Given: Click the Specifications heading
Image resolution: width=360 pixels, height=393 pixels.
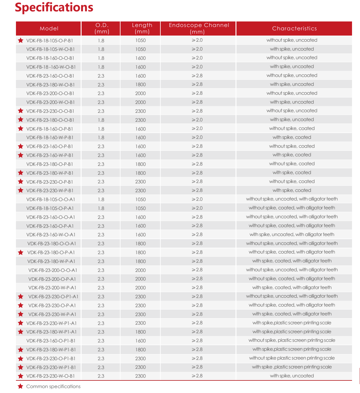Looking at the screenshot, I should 54,7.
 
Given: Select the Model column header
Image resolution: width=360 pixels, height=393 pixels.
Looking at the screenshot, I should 49,29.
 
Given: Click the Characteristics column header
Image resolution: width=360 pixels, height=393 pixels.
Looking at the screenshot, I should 294,29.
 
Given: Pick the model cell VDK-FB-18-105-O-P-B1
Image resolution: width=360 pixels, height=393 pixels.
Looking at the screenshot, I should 50,40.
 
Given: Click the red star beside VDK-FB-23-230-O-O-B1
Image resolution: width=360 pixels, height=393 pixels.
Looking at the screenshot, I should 21,111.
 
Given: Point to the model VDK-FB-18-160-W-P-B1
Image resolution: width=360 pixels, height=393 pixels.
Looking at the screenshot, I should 50,138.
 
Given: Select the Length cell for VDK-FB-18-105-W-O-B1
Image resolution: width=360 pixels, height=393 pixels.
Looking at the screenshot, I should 140,49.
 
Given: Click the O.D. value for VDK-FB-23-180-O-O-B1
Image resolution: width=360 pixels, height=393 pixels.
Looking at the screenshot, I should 101,120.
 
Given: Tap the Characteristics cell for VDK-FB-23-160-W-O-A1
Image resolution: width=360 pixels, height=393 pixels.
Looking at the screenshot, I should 292,235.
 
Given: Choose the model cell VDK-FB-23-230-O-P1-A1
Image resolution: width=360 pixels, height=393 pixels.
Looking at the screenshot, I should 53,297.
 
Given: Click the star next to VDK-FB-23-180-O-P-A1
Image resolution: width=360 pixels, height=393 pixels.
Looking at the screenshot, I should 21,253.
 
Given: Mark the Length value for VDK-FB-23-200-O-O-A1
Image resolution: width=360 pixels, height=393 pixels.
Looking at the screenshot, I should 140,270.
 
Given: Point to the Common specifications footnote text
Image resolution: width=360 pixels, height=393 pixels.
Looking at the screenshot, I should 53,387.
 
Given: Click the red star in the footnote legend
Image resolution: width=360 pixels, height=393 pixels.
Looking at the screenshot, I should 21,386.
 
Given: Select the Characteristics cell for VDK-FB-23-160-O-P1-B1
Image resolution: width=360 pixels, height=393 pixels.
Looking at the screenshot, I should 292,340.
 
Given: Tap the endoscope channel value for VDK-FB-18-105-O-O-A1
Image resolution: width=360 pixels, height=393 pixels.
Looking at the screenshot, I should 197,199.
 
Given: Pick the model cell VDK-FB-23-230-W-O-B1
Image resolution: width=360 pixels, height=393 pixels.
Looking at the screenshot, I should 51,376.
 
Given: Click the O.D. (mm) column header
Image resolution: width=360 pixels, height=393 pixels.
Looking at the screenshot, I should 102,28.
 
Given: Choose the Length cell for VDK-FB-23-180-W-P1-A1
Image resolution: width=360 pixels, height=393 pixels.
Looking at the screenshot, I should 140,332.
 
